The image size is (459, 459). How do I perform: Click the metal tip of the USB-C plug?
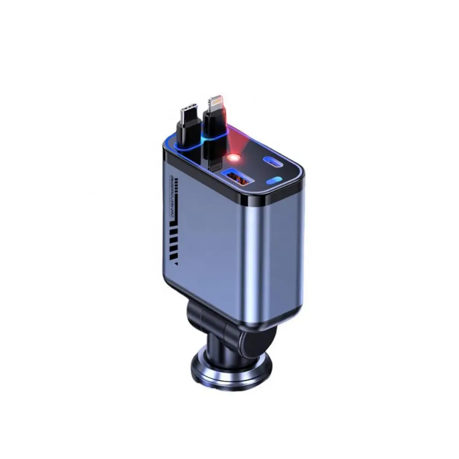coord(189,112)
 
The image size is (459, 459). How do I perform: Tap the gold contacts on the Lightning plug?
coord(216,101)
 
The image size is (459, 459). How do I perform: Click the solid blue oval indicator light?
coord(275,181)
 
